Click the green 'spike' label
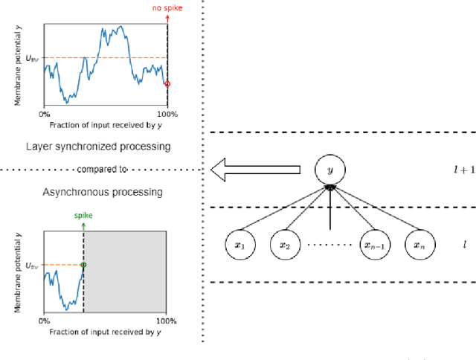click(83, 215)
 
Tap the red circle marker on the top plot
click(167, 84)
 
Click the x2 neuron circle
click(283, 244)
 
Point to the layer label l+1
click(465, 170)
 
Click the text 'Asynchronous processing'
click(103, 192)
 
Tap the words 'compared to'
click(103, 169)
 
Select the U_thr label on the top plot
click(32, 58)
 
